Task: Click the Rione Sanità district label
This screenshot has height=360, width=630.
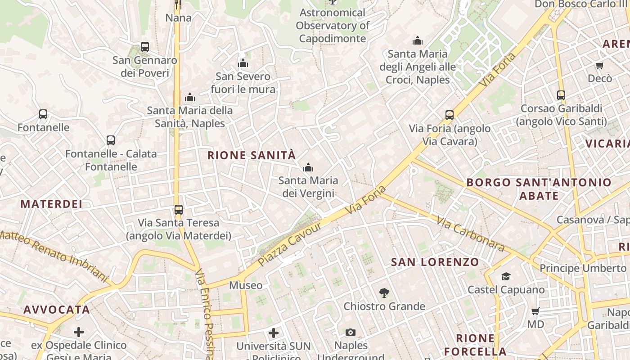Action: (252, 155)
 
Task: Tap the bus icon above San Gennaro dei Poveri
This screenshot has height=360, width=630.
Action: (145, 46)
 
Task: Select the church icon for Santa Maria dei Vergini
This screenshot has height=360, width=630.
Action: (308, 168)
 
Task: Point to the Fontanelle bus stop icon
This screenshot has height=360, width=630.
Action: (43, 114)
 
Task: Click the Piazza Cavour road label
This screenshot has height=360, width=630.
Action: (290, 243)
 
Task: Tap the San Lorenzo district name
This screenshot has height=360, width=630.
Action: (435, 262)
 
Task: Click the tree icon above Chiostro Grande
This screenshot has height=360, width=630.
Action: (384, 293)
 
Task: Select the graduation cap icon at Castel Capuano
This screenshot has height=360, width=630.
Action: (506, 276)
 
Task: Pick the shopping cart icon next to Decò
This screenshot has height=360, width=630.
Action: (599, 66)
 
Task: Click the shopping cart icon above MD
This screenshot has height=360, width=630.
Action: (535, 311)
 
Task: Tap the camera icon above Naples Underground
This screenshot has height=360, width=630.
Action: (351, 333)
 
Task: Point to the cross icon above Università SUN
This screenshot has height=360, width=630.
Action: (274, 333)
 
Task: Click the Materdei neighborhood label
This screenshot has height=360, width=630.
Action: (51, 204)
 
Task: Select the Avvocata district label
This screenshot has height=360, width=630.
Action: (57, 310)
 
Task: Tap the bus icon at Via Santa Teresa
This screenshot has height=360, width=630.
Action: (179, 209)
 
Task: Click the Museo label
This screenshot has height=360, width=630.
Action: (246, 285)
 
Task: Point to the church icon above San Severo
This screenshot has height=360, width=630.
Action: (243, 63)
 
